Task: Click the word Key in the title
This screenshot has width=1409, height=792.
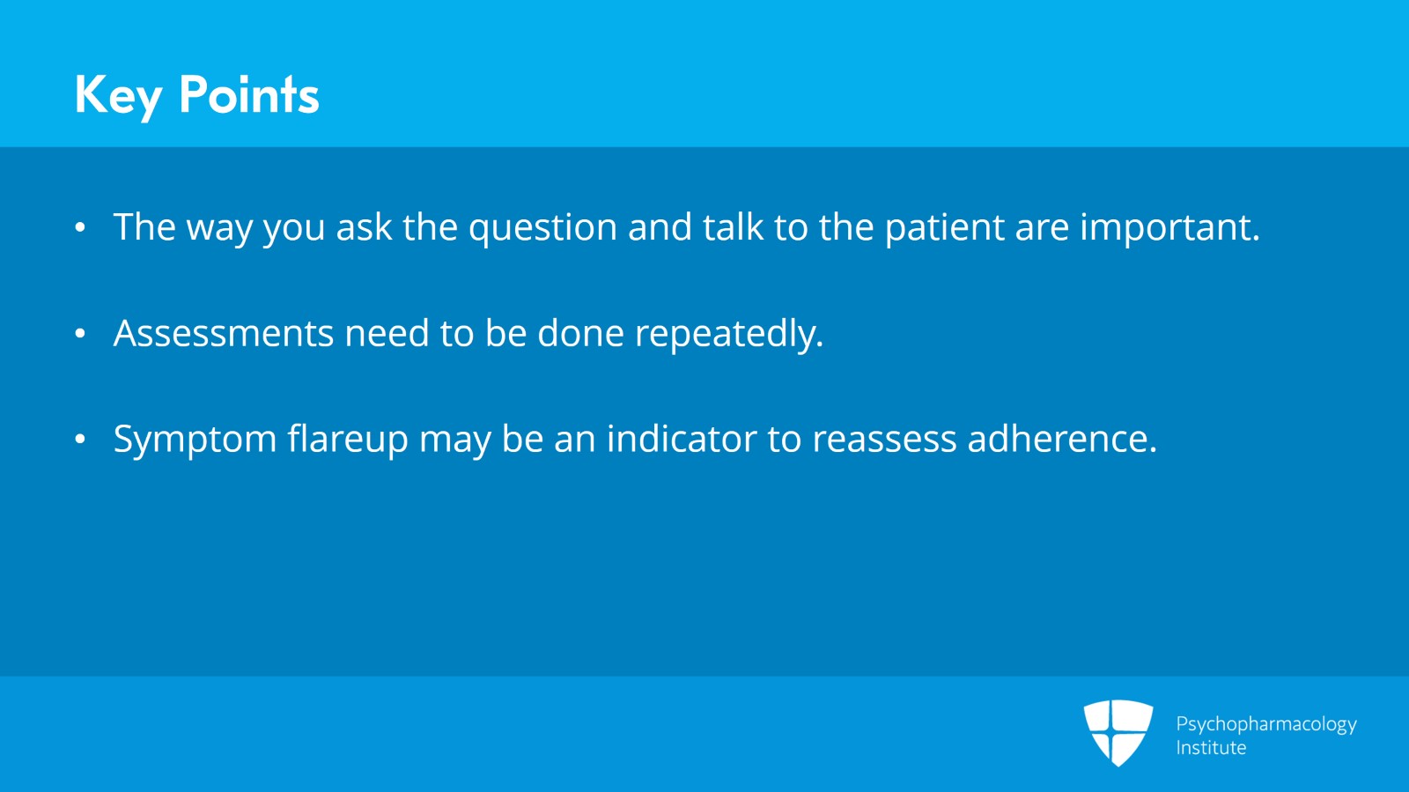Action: click(x=118, y=96)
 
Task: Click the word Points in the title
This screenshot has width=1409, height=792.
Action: click(x=249, y=93)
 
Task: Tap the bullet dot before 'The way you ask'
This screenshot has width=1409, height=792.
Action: click(x=80, y=227)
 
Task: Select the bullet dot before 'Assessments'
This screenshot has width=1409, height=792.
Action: click(x=80, y=333)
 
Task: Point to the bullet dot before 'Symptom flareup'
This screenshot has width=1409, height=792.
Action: click(x=80, y=439)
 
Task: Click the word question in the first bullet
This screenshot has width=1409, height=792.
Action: click(x=542, y=228)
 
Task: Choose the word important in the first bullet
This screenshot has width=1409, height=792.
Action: click(x=1170, y=228)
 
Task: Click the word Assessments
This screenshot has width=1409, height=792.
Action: click(x=224, y=333)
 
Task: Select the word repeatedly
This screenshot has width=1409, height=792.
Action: click(x=729, y=334)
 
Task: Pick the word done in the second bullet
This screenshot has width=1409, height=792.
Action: click(x=580, y=332)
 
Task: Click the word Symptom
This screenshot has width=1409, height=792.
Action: click(x=195, y=440)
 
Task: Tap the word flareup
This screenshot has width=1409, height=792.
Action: click(x=348, y=439)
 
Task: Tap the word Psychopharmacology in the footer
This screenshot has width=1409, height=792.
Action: click(x=1266, y=725)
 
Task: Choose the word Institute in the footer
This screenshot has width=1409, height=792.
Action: click(x=1211, y=747)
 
